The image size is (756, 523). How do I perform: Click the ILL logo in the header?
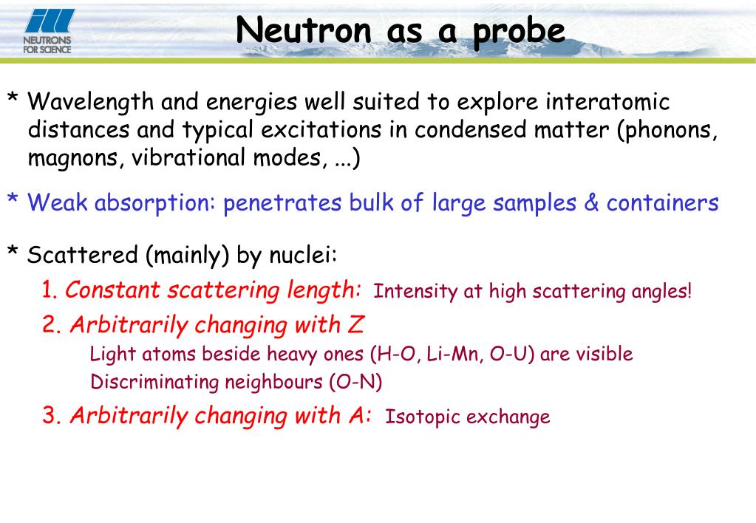click(x=48, y=31)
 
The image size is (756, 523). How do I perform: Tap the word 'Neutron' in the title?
click(x=304, y=30)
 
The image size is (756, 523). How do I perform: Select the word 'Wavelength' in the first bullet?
click(x=90, y=102)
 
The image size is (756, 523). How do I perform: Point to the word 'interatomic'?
click(x=607, y=101)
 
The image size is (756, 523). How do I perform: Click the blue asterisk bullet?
click(x=13, y=199)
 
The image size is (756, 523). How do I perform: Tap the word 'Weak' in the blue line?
click(x=58, y=202)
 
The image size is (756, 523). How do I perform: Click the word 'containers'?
click(x=662, y=202)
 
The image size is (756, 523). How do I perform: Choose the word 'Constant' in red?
click(x=112, y=290)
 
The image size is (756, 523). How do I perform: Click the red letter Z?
click(x=355, y=324)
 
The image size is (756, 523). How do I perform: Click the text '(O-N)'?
click(x=356, y=382)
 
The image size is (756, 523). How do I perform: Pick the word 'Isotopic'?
click(x=421, y=417)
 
